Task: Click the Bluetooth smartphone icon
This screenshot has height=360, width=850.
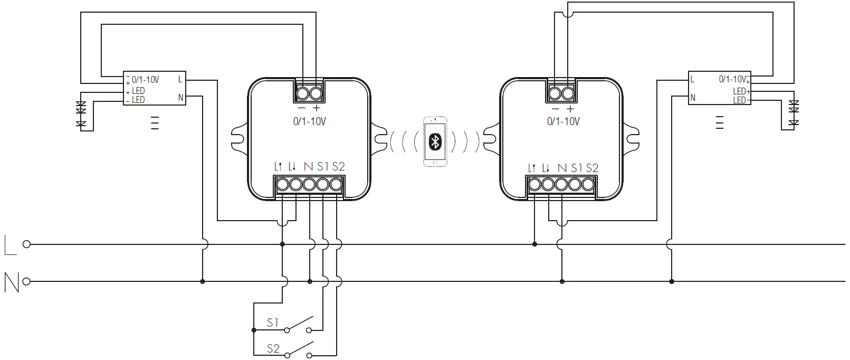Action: coord(435,141)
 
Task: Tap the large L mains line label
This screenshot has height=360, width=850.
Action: coord(10,245)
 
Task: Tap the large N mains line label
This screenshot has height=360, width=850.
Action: coord(11,282)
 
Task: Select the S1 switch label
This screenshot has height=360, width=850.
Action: coord(272,323)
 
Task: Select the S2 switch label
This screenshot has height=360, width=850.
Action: coord(273,348)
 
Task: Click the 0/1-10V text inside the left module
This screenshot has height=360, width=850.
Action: coord(309,121)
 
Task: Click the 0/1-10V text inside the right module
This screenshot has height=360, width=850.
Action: coord(563,121)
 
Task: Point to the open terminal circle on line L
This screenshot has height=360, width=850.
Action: coord(26,244)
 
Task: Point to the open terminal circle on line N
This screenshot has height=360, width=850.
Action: coord(26,281)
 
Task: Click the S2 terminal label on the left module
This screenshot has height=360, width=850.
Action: coord(338,167)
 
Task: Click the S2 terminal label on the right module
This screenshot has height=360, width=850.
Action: coord(592,168)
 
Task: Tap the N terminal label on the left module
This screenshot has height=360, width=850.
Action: coord(308,167)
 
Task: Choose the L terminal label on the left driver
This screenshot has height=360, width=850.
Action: coord(180,80)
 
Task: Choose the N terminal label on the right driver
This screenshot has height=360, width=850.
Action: coord(693,98)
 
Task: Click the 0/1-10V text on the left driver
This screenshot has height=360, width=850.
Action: coord(145,80)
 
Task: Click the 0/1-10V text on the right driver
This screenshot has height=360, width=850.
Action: coord(732,79)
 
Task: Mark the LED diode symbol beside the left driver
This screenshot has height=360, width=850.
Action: coord(81,113)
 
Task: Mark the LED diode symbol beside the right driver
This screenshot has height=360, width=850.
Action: coord(794,113)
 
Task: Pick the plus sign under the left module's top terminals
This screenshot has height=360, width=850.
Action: coord(317,108)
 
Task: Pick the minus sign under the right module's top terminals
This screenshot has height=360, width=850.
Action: coord(555,108)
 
